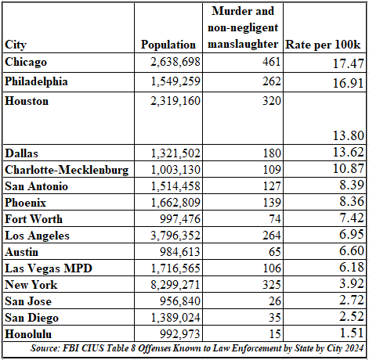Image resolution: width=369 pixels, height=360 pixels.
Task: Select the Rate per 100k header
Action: (324, 44)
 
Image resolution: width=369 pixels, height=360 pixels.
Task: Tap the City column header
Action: (16, 44)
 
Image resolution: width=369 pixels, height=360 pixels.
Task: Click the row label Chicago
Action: (26, 61)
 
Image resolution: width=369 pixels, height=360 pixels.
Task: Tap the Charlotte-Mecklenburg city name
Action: (66, 168)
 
